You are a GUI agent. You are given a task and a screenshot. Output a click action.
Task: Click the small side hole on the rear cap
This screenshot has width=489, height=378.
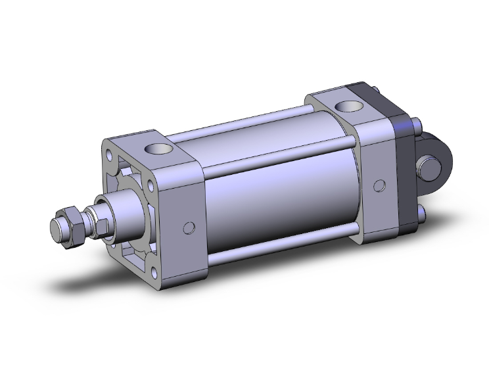pyautogui.click(x=379, y=185)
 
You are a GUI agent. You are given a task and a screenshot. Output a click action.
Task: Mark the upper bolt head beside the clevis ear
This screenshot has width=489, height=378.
pyautogui.click(x=419, y=125)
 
